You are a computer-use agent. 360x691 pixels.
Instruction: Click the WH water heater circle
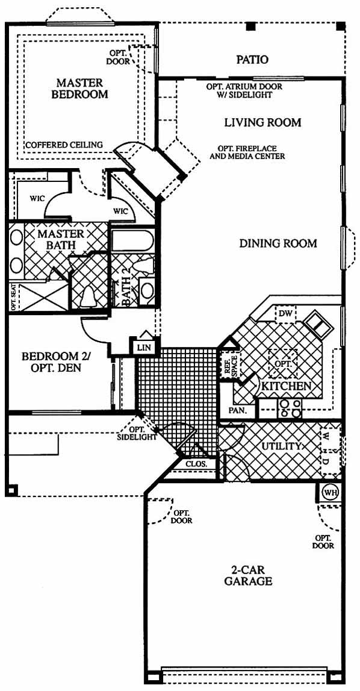[x=330, y=492]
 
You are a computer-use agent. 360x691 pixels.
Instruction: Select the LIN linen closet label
[x=144, y=347]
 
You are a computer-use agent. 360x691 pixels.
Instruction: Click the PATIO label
[x=252, y=60]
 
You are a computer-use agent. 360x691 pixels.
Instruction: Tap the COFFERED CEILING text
[x=64, y=145]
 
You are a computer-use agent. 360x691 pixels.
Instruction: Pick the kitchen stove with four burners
[x=290, y=408]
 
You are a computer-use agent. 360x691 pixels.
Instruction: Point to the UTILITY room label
[x=282, y=446]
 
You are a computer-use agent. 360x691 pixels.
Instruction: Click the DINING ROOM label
[x=278, y=243]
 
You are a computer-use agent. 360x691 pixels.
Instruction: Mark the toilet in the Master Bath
[x=89, y=295]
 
